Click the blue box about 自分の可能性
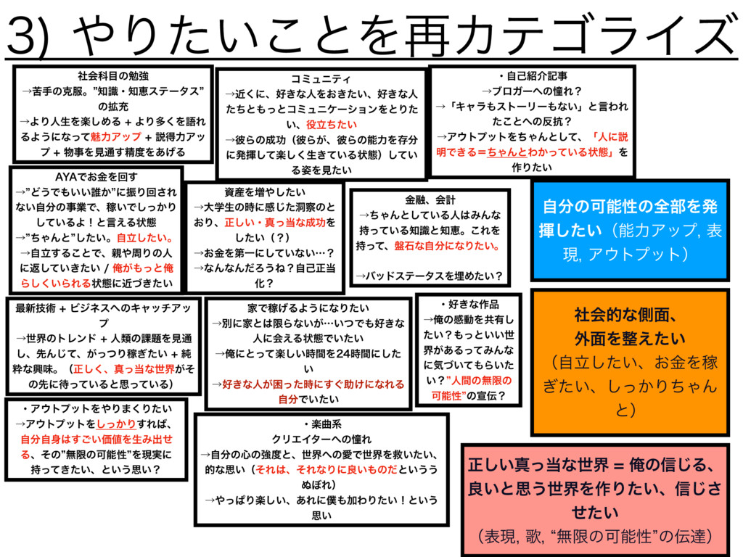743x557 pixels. point(631,230)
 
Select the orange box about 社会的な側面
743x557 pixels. point(631,361)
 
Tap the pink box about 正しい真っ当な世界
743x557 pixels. point(594,500)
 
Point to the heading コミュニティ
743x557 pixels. point(320,78)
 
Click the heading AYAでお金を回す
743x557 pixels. point(95,176)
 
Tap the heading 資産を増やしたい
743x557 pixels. point(266,192)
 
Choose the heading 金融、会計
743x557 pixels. point(431,199)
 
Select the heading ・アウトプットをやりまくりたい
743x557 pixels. point(97,407)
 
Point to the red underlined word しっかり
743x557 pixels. point(115,423)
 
